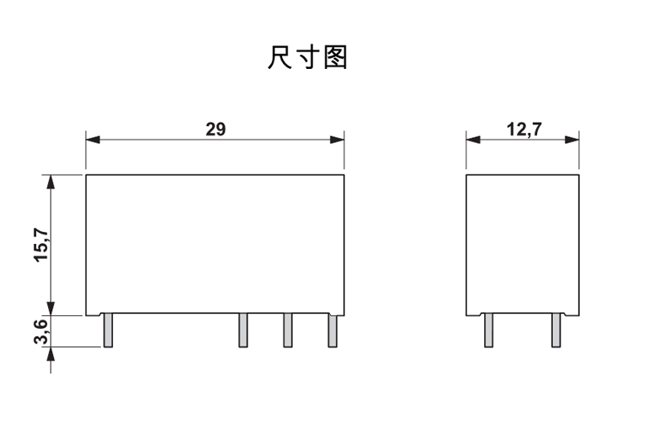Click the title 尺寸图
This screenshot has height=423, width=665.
point(307,58)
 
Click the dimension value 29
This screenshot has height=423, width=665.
point(215,129)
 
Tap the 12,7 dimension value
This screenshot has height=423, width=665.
point(524,129)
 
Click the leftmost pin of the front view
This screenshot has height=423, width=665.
point(107,330)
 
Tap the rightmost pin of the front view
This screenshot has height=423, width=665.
point(332,330)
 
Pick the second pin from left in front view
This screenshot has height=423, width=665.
point(242,330)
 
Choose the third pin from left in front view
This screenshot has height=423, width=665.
point(287,330)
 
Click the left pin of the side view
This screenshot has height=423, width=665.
point(487,330)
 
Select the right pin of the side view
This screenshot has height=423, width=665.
point(556,330)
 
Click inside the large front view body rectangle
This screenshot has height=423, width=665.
point(215,244)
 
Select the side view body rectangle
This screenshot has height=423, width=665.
point(523,244)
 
